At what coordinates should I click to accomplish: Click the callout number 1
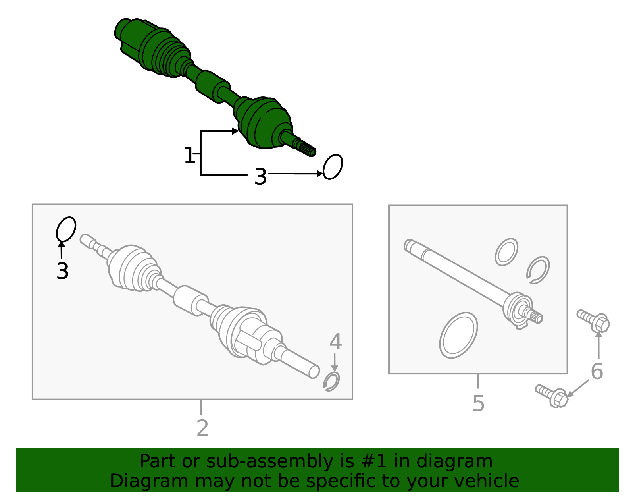coord(189,155)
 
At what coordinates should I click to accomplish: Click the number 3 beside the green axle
coord(260,176)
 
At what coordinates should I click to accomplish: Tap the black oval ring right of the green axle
coord(333,167)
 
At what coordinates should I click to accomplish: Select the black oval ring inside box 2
coord(66,229)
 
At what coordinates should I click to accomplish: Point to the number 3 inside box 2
coord(63,271)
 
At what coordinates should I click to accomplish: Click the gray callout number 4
coord(335,342)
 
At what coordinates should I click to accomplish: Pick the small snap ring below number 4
coord(331,382)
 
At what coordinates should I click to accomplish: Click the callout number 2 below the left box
coord(202,428)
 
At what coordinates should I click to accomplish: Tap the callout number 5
coord(479,403)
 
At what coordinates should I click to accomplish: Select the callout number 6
coord(597,372)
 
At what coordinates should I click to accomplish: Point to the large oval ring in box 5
coord(458,335)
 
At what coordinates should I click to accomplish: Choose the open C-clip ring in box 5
coord(538,270)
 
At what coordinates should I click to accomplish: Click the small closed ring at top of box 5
coord(506,252)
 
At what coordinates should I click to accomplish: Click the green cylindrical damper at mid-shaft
coord(212,87)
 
